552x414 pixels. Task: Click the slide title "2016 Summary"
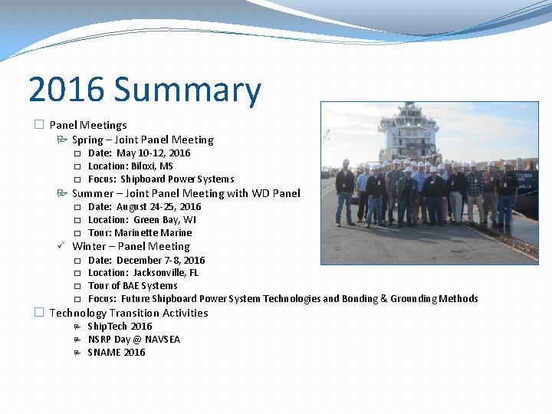click(x=144, y=90)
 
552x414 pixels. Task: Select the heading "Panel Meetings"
click(x=88, y=125)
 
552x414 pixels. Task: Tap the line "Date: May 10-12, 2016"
click(x=139, y=153)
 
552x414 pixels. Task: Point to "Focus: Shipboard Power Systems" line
click(x=161, y=179)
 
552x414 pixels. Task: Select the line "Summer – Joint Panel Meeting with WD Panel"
click(x=186, y=193)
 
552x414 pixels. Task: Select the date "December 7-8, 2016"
click(x=160, y=260)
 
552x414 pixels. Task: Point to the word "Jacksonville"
click(x=159, y=273)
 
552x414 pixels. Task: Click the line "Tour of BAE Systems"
click(x=133, y=286)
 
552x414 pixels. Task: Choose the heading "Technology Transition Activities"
click(x=129, y=313)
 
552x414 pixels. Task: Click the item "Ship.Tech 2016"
click(x=120, y=327)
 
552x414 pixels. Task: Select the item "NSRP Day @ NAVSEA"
click(x=134, y=340)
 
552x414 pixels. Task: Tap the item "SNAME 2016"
click(x=116, y=353)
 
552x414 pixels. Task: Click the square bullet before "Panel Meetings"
click(x=39, y=125)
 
